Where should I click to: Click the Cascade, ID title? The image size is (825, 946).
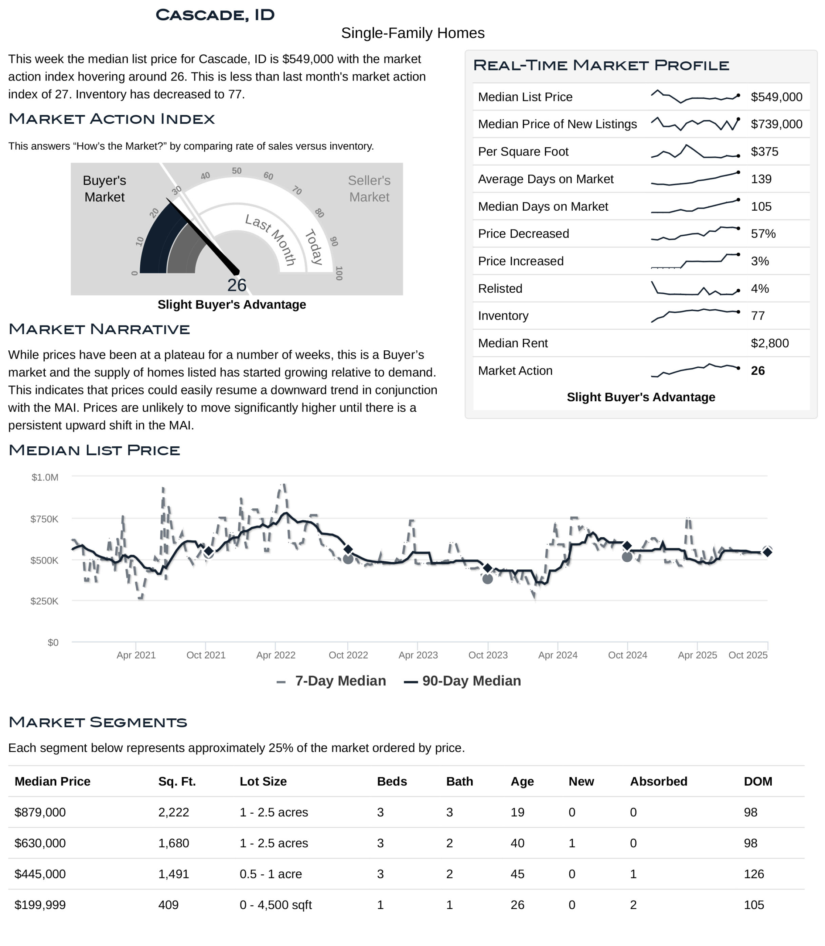click(x=215, y=15)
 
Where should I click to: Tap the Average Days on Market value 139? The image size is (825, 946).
click(x=761, y=179)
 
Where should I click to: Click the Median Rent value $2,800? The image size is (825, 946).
click(x=769, y=343)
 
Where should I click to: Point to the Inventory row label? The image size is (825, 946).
click(x=503, y=316)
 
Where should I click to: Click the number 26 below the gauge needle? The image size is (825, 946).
click(x=236, y=285)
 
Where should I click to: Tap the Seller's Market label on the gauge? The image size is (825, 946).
click(x=369, y=188)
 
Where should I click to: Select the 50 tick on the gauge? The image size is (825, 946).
click(x=236, y=171)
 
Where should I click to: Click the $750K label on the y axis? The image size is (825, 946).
click(x=44, y=519)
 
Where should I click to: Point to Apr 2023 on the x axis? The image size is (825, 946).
click(x=418, y=654)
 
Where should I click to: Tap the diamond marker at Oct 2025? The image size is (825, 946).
click(x=767, y=552)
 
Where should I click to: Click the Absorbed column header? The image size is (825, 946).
click(x=658, y=781)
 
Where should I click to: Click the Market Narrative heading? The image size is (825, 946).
click(x=99, y=329)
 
